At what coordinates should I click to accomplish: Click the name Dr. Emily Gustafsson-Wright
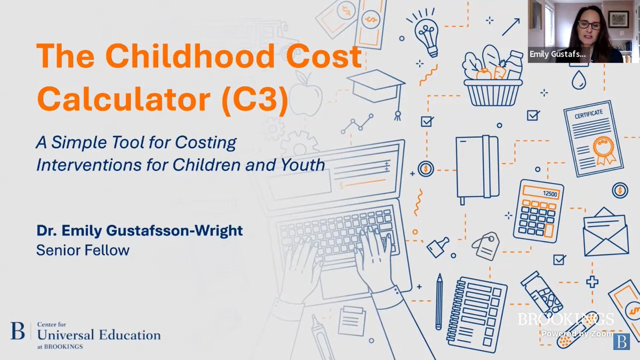[139, 231]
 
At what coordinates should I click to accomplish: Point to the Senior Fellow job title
[83, 250]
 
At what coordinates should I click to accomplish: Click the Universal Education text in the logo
[99, 335]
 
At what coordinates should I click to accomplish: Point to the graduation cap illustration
[376, 88]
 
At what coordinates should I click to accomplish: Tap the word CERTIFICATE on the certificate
[588, 114]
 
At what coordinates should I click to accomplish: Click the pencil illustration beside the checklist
[439, 301]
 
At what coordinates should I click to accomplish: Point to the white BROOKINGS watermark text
[565, 319]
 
